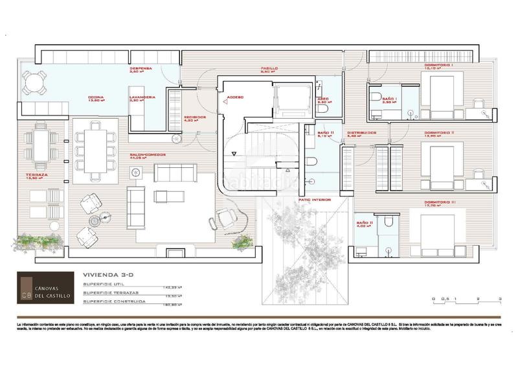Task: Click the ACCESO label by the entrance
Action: pos(235,98)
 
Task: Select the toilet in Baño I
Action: pos(377,99)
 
